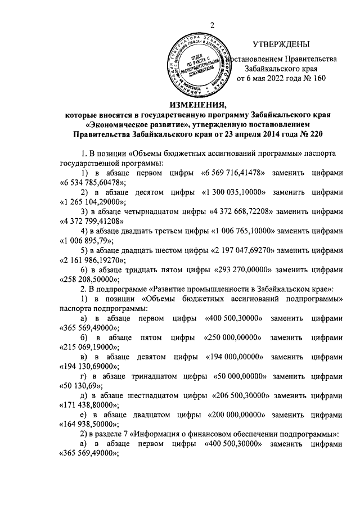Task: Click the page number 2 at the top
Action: coord(213,24)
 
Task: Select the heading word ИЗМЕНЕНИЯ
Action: coord(198,105)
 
